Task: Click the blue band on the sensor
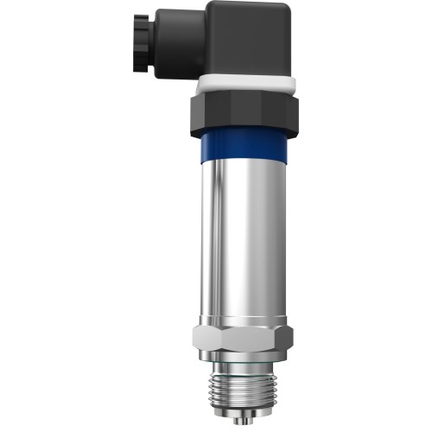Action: coord(245,149)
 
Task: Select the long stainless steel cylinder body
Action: coord(245,242)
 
